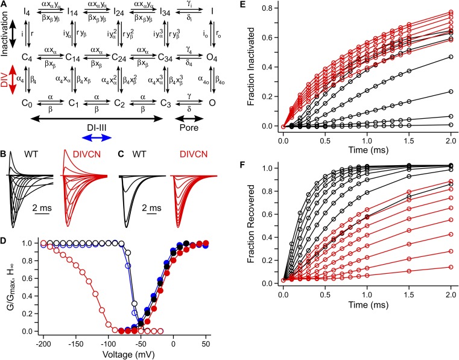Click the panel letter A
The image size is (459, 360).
[x=4, y=5]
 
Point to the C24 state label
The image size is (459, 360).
[x=122, y=58]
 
